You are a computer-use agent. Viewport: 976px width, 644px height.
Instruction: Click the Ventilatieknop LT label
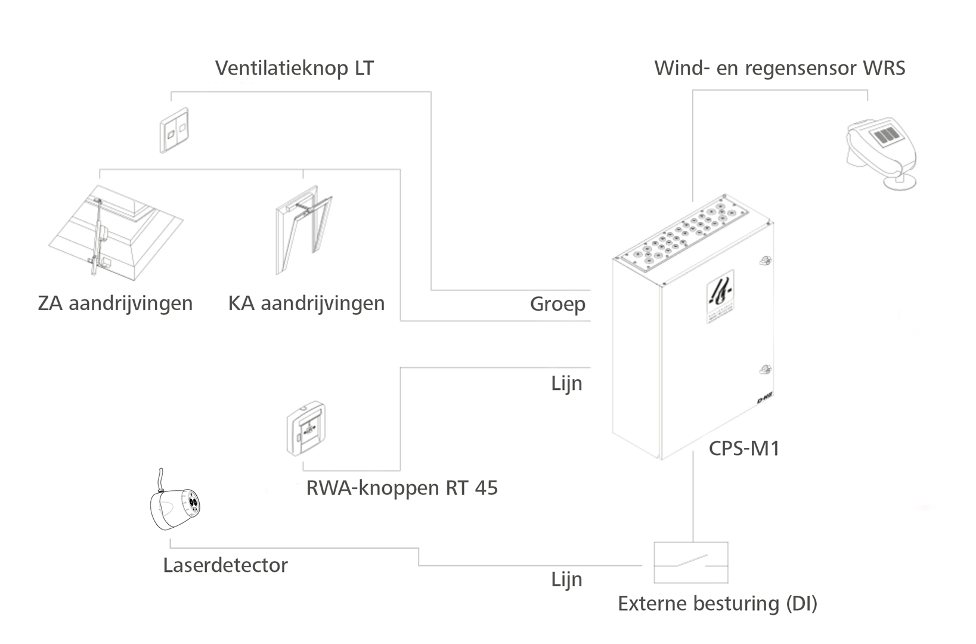click(294, 68)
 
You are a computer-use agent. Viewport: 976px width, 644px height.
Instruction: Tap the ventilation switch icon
click(174, 131)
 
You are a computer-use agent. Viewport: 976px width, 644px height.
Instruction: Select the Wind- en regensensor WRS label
click(779, 68)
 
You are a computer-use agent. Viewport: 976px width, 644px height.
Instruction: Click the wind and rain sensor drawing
click(881, 153)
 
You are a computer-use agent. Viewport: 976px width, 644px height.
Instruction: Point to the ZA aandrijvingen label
click(115, 304)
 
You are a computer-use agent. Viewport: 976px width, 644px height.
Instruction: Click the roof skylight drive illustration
click(113, 233)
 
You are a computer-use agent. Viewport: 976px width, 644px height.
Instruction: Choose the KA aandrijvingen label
click(306, 304)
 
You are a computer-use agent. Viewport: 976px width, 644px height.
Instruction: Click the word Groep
click(557, 304)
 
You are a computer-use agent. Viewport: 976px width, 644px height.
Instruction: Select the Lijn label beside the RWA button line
click(566, 383)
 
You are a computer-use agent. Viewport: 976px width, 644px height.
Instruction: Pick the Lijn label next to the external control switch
click(566, 580)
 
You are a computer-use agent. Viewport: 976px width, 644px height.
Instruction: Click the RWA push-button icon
click(306, 429)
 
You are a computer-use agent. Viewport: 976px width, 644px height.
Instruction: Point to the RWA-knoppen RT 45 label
click(402, 488)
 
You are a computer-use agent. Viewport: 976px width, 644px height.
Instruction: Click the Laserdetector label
click(225, 565)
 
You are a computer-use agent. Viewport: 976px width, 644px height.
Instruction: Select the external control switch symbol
click(691, 562)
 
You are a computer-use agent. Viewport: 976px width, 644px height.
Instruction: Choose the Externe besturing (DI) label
click(717, 603)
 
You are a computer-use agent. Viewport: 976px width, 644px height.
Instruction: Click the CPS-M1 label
click(744, 448)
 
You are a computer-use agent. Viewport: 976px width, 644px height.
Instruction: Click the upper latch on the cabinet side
click(764, 260)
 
